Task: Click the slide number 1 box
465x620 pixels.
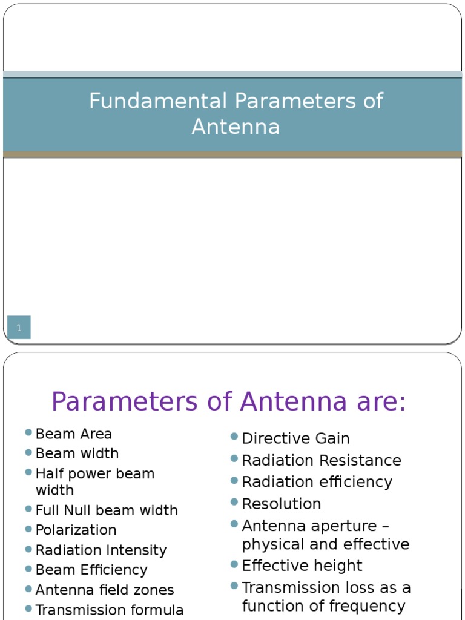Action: pyautogui.click(x=19, y=328)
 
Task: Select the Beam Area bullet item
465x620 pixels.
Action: pyautogui.click(x=74, y=434)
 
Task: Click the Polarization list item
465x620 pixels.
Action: pyautogui.click(x=76, y=530)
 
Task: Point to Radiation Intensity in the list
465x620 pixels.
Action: pyautogui.click(x=101, y=550)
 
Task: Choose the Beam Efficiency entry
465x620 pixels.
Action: pyautogui.click(x=91, y=570)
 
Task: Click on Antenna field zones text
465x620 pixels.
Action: pyautogui.click(x=105, y=590)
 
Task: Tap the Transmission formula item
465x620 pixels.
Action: pyautogui.click(x=110, y=610)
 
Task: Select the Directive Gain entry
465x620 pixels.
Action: pyautogui.click(x=295, y=438)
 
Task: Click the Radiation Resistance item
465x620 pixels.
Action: pyautogui.click(x=322, y=460)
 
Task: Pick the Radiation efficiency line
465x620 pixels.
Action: pyautogui.click(x=317, y=482)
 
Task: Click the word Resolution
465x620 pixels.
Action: pyautogui.click(x=282, y=504)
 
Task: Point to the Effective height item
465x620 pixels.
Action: pyautogui.click(x=302, y=566)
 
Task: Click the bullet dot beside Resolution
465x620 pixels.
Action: pyautogui.click(x=234, y=502)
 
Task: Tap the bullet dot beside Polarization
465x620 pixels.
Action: pyautogui.click(x=28, y=528)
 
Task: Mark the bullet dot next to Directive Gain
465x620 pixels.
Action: pyautogui.click(x=234, y=437)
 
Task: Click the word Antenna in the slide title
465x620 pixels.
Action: pyautogui.click(x=236, y=127)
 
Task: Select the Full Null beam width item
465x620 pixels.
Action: pyautogui.click(x=107, y=510)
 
